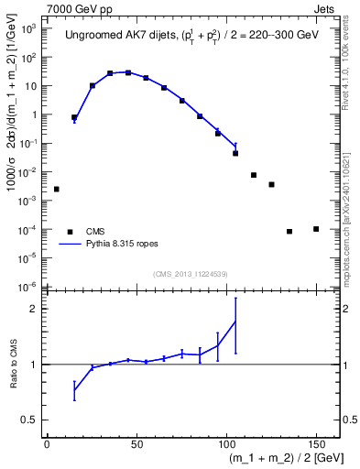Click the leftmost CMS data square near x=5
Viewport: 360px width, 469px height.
[x=57, y=189]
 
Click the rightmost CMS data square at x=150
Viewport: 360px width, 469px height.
[x=316, y=229]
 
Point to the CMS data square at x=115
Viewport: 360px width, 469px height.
[x=254, y=175]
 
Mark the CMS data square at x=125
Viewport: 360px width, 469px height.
[x=271, y=185]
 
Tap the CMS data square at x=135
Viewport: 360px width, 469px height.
[x=289, y=232]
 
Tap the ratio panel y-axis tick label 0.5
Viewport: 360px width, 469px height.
[x=33, y=420]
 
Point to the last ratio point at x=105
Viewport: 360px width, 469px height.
[x=235, y=321]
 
